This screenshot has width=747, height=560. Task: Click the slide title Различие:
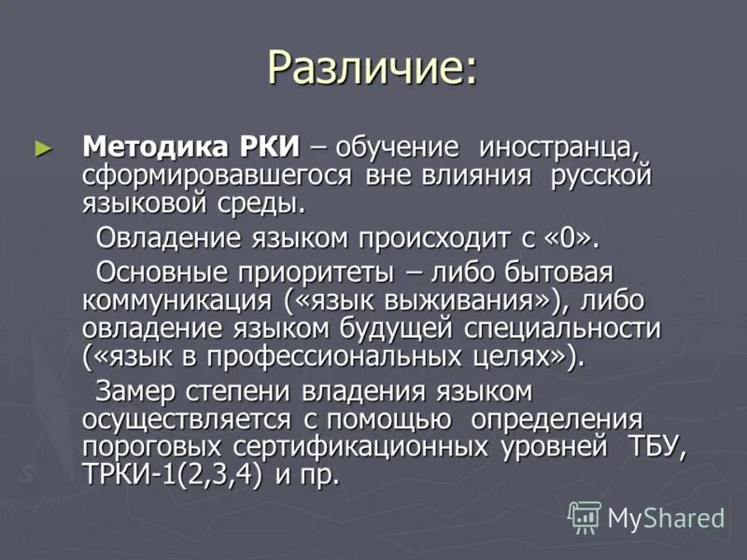tap(372, 68)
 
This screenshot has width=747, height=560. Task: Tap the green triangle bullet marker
tap(39, 147)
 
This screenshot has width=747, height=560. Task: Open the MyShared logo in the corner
tap(647, 517)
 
